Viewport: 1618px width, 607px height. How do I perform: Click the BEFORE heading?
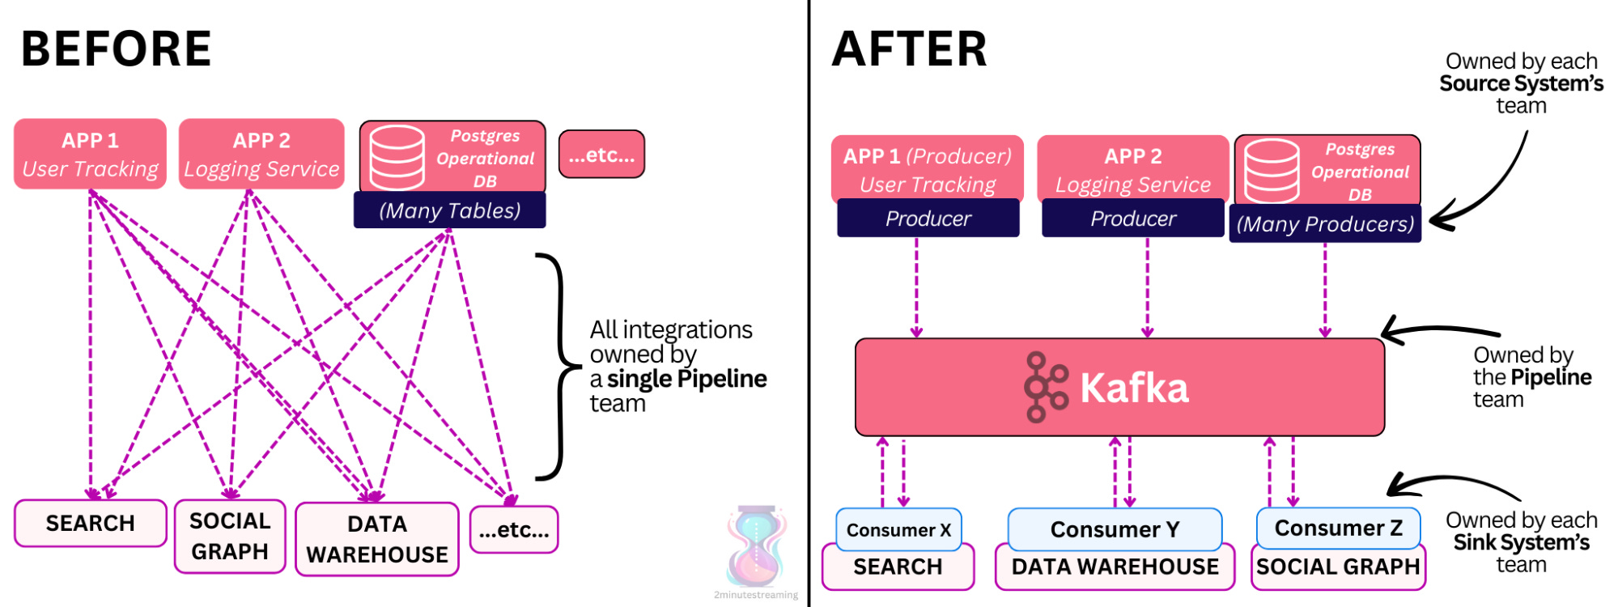point(116,49)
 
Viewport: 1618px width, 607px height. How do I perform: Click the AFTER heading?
point(909,49)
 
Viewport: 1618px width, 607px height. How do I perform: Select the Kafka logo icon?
point(1045,387)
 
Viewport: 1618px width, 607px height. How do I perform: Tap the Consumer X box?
point(898,529)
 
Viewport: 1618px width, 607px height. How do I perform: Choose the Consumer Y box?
point(1115,528)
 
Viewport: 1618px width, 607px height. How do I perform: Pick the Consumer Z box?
point(1338,528)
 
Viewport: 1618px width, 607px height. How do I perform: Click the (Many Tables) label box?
point(450,210)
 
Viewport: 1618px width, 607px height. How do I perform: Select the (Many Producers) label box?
point(1325,223)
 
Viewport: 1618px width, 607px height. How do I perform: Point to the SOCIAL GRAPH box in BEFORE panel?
point(230,536)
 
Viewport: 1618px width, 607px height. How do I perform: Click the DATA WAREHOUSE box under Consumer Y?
point(1115,567)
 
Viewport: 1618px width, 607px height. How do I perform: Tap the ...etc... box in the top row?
point(601,154)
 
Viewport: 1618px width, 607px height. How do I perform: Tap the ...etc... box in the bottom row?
point(514,529)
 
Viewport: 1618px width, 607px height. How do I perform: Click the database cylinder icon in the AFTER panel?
point(1272,171)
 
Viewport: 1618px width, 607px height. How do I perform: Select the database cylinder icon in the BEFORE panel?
point(397,157)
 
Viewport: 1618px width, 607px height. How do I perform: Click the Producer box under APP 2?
point(1132,219)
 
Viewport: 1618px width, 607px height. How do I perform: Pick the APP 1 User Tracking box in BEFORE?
point(90,154)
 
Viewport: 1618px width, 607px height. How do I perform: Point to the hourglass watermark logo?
point(756,546)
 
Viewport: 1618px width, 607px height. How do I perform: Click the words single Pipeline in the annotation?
point(686,379)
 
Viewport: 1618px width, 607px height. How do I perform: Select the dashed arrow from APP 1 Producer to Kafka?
point(916,287)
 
